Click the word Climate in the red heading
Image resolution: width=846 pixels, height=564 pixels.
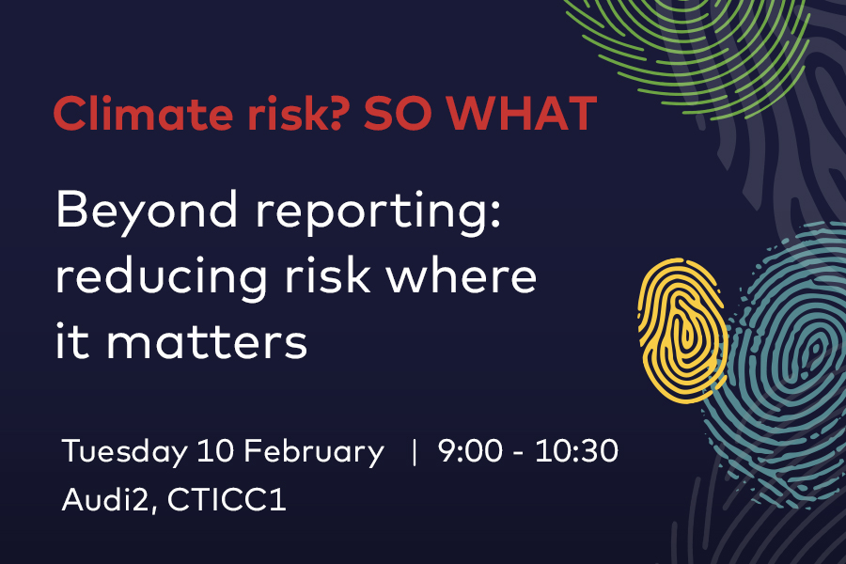(x=144, y=114)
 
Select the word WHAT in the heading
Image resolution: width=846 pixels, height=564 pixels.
(x=523, y=114)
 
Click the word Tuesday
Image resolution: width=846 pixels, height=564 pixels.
(x=125, y=452)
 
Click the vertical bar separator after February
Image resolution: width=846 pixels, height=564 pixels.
(x=414, y=452)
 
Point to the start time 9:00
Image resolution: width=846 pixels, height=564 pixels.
(x=470, y=450)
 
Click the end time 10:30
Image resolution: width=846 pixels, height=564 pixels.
(x=576, y=450)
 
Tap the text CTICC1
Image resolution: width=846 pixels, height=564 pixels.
(x=227, y=499)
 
